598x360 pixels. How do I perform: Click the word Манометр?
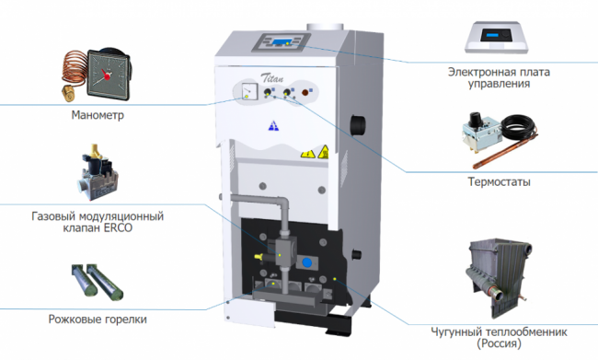[98, 115]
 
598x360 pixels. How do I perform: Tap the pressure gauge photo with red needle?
[97, 75]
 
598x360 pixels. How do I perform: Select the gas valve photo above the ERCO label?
[98, 172]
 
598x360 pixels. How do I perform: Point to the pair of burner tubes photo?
[98, 281]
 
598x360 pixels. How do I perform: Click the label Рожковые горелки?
[98, 319]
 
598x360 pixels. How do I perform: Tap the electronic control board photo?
[497, 38]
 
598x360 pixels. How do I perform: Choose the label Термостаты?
[499, 182]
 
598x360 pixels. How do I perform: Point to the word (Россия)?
[499, 343]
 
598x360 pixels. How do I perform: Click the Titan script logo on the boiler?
[272, 77]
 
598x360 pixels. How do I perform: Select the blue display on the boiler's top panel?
[282, 41]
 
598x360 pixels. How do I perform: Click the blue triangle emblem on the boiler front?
[273, 125]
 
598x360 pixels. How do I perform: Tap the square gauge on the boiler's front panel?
[249, 92]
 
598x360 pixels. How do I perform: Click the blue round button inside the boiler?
[306, 262]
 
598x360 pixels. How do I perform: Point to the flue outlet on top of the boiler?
[325, 27]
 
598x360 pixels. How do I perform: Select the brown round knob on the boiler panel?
[305, 92]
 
